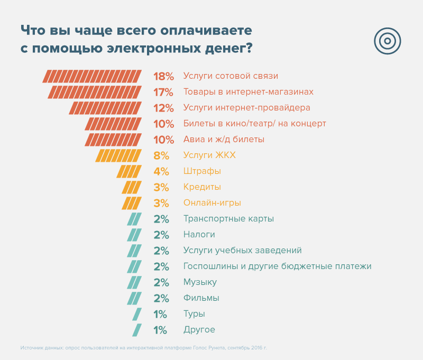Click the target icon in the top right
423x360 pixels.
[x=388, y=40]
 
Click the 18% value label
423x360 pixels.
[x=163, y=76]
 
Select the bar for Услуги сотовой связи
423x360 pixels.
[x=92, y=76]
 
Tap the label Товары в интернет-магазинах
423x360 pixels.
[x=248, y=92]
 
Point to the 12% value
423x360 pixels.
[x=163, y=108]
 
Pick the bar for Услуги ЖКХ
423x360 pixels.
[x=118, y=155]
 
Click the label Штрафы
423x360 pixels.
[x=202, y=171]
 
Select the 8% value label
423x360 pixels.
[x=161, y=155]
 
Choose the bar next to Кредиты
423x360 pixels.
[x=132, y=187]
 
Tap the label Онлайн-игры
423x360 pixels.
[x=212, y=203]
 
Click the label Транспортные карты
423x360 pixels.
[x=228, y=219]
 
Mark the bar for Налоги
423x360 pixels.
[x=134, y=235]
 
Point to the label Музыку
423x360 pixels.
[x=200, y=282]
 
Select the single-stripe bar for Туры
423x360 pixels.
[x=137, y=314]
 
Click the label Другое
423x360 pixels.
[x=199, y=330]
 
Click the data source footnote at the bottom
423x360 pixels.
[x=144, y=348]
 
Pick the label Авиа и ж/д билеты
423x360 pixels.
[x=224, y=140]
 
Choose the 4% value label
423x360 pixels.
[x=161, y=171]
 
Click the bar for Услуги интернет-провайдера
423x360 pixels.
[x=105, y=108]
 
